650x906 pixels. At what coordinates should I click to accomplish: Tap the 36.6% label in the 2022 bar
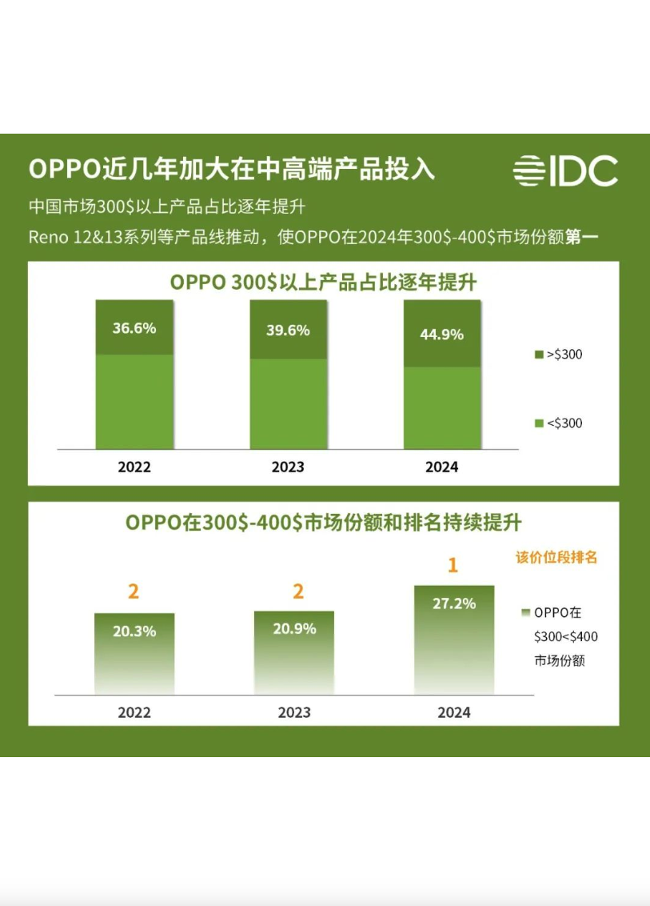pyautogui.click(x=134, y=328)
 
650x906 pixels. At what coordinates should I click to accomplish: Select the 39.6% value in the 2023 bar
pyautogui.click(x=288, y=331)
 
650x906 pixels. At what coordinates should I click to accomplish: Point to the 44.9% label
pyautogui.click(x=441, y=335)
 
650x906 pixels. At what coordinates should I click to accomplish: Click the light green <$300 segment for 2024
pyautogui.click(x=441, y=408)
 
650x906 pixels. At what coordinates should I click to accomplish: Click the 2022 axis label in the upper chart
pyautogui.click(x=134, y=467)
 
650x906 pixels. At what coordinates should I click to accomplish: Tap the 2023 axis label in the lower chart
pyautogui.click(x=293, y=712)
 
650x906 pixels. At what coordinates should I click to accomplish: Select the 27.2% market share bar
pyautogui.click(x=453, y=640)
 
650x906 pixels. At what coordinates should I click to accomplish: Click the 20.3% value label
pyautogui.click(x=134, y=631)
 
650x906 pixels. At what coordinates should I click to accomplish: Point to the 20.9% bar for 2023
pyautogui.click(x=293, y=652)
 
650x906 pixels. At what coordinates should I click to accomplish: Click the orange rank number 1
pyautogui.click(x=453, y=566)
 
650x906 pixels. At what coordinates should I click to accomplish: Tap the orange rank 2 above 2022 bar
pyautogui.click(x=134, y=591)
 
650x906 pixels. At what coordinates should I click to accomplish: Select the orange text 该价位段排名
pyautogui.click(x=556, y=558)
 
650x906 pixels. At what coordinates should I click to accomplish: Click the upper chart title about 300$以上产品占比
pyautogui.click(x=323, y=283)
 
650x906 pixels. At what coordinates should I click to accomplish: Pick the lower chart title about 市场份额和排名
pyautogui.click(x=323, y=523)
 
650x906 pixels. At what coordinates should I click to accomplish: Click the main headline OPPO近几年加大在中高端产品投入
pyautogui.click(x=232, y=170)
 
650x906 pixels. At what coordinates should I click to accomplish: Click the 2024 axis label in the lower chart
pyautogui.click(x=453, y=712)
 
